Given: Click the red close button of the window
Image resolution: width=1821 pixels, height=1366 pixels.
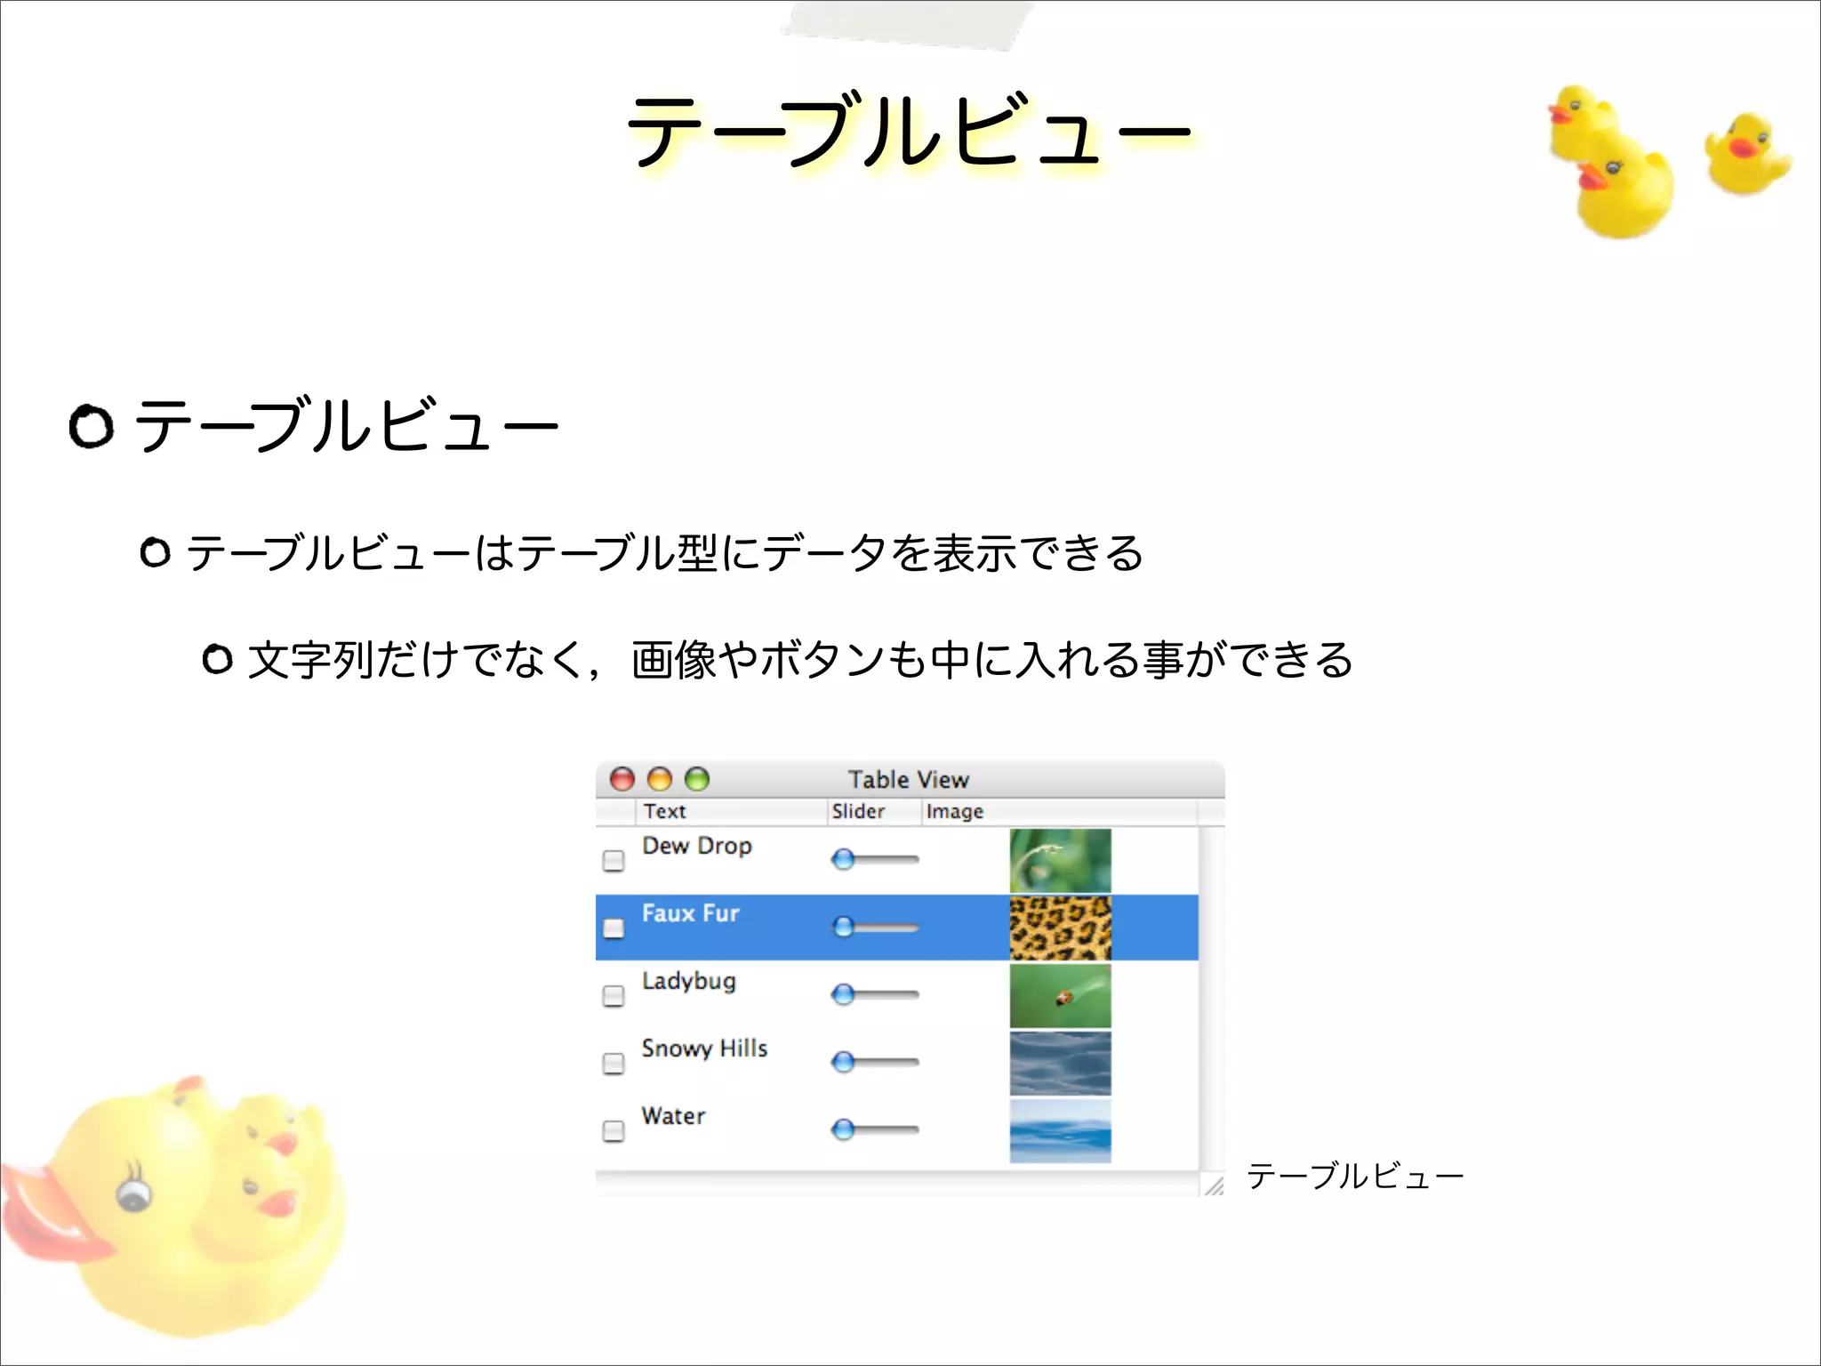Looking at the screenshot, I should coord(622,780).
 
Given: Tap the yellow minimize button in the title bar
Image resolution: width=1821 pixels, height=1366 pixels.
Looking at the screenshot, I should coord(660,780).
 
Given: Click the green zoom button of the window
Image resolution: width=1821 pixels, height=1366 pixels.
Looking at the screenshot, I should coord(697,780).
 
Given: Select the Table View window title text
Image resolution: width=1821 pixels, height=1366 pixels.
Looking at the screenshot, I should coord(908,780).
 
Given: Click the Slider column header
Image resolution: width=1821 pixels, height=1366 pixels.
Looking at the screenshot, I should coord(858,811).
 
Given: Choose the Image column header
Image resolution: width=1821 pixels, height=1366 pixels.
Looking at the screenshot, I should coord(955,811).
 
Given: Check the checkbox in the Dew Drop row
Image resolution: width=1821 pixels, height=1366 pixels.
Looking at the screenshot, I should coord(614,861).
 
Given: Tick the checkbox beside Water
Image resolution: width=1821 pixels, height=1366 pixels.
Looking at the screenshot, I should coord(614,1131).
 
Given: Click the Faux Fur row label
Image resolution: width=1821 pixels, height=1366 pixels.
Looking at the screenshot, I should coord(691,913).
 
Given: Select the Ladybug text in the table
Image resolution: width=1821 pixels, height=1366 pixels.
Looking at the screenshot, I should coord(689,981).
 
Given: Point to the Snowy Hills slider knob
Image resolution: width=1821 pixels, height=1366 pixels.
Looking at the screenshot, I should coord(843,1062).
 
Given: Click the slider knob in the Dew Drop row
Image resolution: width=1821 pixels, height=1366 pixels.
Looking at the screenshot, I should coord(843,859).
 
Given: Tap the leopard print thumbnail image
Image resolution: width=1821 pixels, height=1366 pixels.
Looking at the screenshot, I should coord(1060,928).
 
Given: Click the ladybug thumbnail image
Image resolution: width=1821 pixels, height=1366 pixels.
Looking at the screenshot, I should coord(1060,995).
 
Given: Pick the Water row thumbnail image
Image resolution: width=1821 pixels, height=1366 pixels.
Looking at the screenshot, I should coord(1060,1131).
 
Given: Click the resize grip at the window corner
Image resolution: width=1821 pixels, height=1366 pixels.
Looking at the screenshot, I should coord(1214,1185).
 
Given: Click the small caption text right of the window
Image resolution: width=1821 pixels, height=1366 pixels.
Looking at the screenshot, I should coord(1354,1177).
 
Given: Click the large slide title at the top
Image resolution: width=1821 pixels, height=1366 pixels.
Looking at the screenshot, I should coord(909,132).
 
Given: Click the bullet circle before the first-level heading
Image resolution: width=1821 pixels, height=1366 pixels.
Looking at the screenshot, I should coord(92,427).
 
